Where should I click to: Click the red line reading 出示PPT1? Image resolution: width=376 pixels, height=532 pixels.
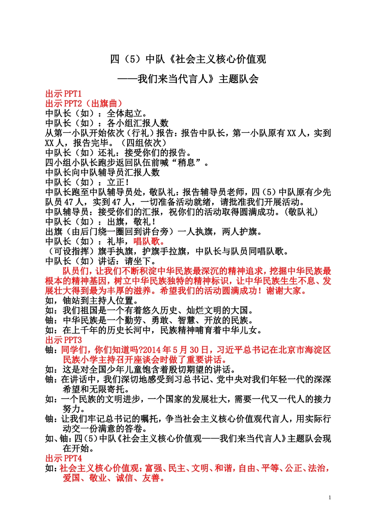click(x=63, y=94)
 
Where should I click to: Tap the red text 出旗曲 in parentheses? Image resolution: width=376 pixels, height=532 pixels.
click(x=104, y=104)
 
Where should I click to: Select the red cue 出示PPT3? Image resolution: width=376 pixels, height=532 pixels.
click(x=63, y=340)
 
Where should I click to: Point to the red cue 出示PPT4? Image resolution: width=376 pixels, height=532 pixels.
click(x=63, y=458)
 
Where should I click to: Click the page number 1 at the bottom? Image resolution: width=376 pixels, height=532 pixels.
click(x=330, y=498)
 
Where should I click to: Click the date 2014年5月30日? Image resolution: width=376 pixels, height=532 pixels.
click(x=176, y=350)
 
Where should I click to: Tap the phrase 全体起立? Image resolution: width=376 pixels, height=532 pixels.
click(x=124, y=114)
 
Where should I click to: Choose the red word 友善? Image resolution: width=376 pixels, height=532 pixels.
click(x=151, y=478)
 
